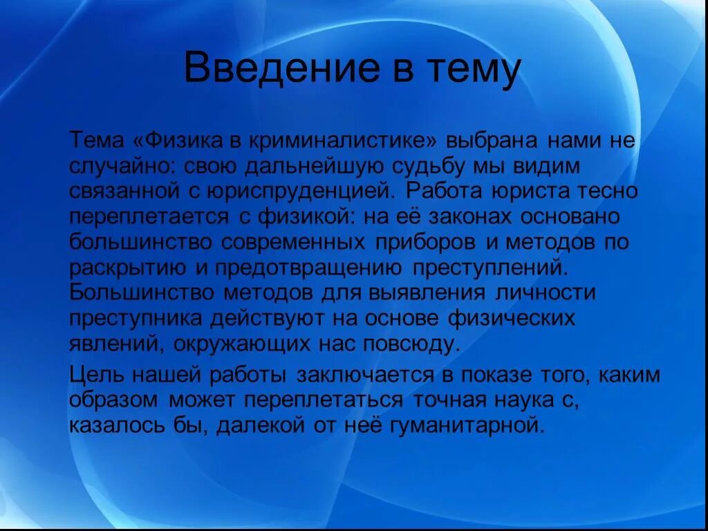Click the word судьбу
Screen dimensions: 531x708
point(437,167)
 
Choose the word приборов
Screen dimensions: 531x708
point(427,242)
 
